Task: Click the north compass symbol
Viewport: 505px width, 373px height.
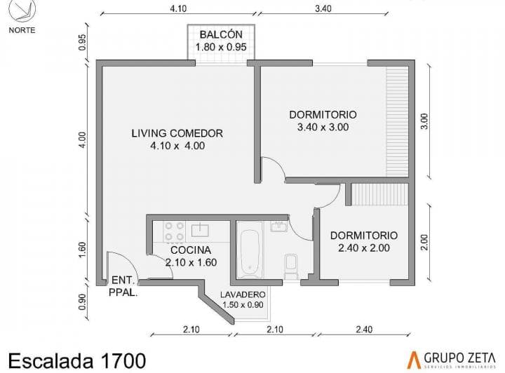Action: pyautogui.click(x=22, y=12)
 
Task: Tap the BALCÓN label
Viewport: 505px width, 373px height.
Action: pyautogui.click(x=221, y=34)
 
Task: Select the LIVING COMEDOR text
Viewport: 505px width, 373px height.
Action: pyautogui.click(x=177, y=133)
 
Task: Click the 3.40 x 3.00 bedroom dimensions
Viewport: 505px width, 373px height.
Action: pyautogui.click(x=323, y=127)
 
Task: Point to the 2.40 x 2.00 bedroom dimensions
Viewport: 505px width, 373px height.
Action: pyautogui.click(x=364, y=247)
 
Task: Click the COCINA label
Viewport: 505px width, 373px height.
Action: pyautogui.click(x=191, y=250)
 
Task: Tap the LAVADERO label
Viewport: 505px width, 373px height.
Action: pyautogui.click(x=243, y=294)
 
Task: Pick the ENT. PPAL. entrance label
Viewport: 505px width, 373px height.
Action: pyautogui.click(x=123, y=287)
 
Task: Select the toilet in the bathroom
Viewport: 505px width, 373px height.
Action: pyautogui.click(x=291, y=266)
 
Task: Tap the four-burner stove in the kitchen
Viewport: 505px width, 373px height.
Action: pyautogui.click(x=174, y=231)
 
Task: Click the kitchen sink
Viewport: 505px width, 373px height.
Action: pyautogui.click(x=200, y=230)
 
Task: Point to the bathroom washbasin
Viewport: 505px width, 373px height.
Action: pyautogui.click(x=279, y=226)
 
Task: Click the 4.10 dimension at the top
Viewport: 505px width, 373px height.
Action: pyautogui.click(x=178, y=8)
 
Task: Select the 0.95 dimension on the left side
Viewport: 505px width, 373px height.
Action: pyautogui.click(x=83, y=42)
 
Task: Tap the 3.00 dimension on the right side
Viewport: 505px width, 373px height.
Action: pyautogui.click(x=424, y=121)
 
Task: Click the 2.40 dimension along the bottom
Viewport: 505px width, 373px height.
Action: pyautogui.click(x=364, y=330)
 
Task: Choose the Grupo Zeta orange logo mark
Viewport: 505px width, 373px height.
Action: pyautogui.click(x=415, y=360)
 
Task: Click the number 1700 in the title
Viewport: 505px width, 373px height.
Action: pyautogui.click(x=123, y=361)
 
